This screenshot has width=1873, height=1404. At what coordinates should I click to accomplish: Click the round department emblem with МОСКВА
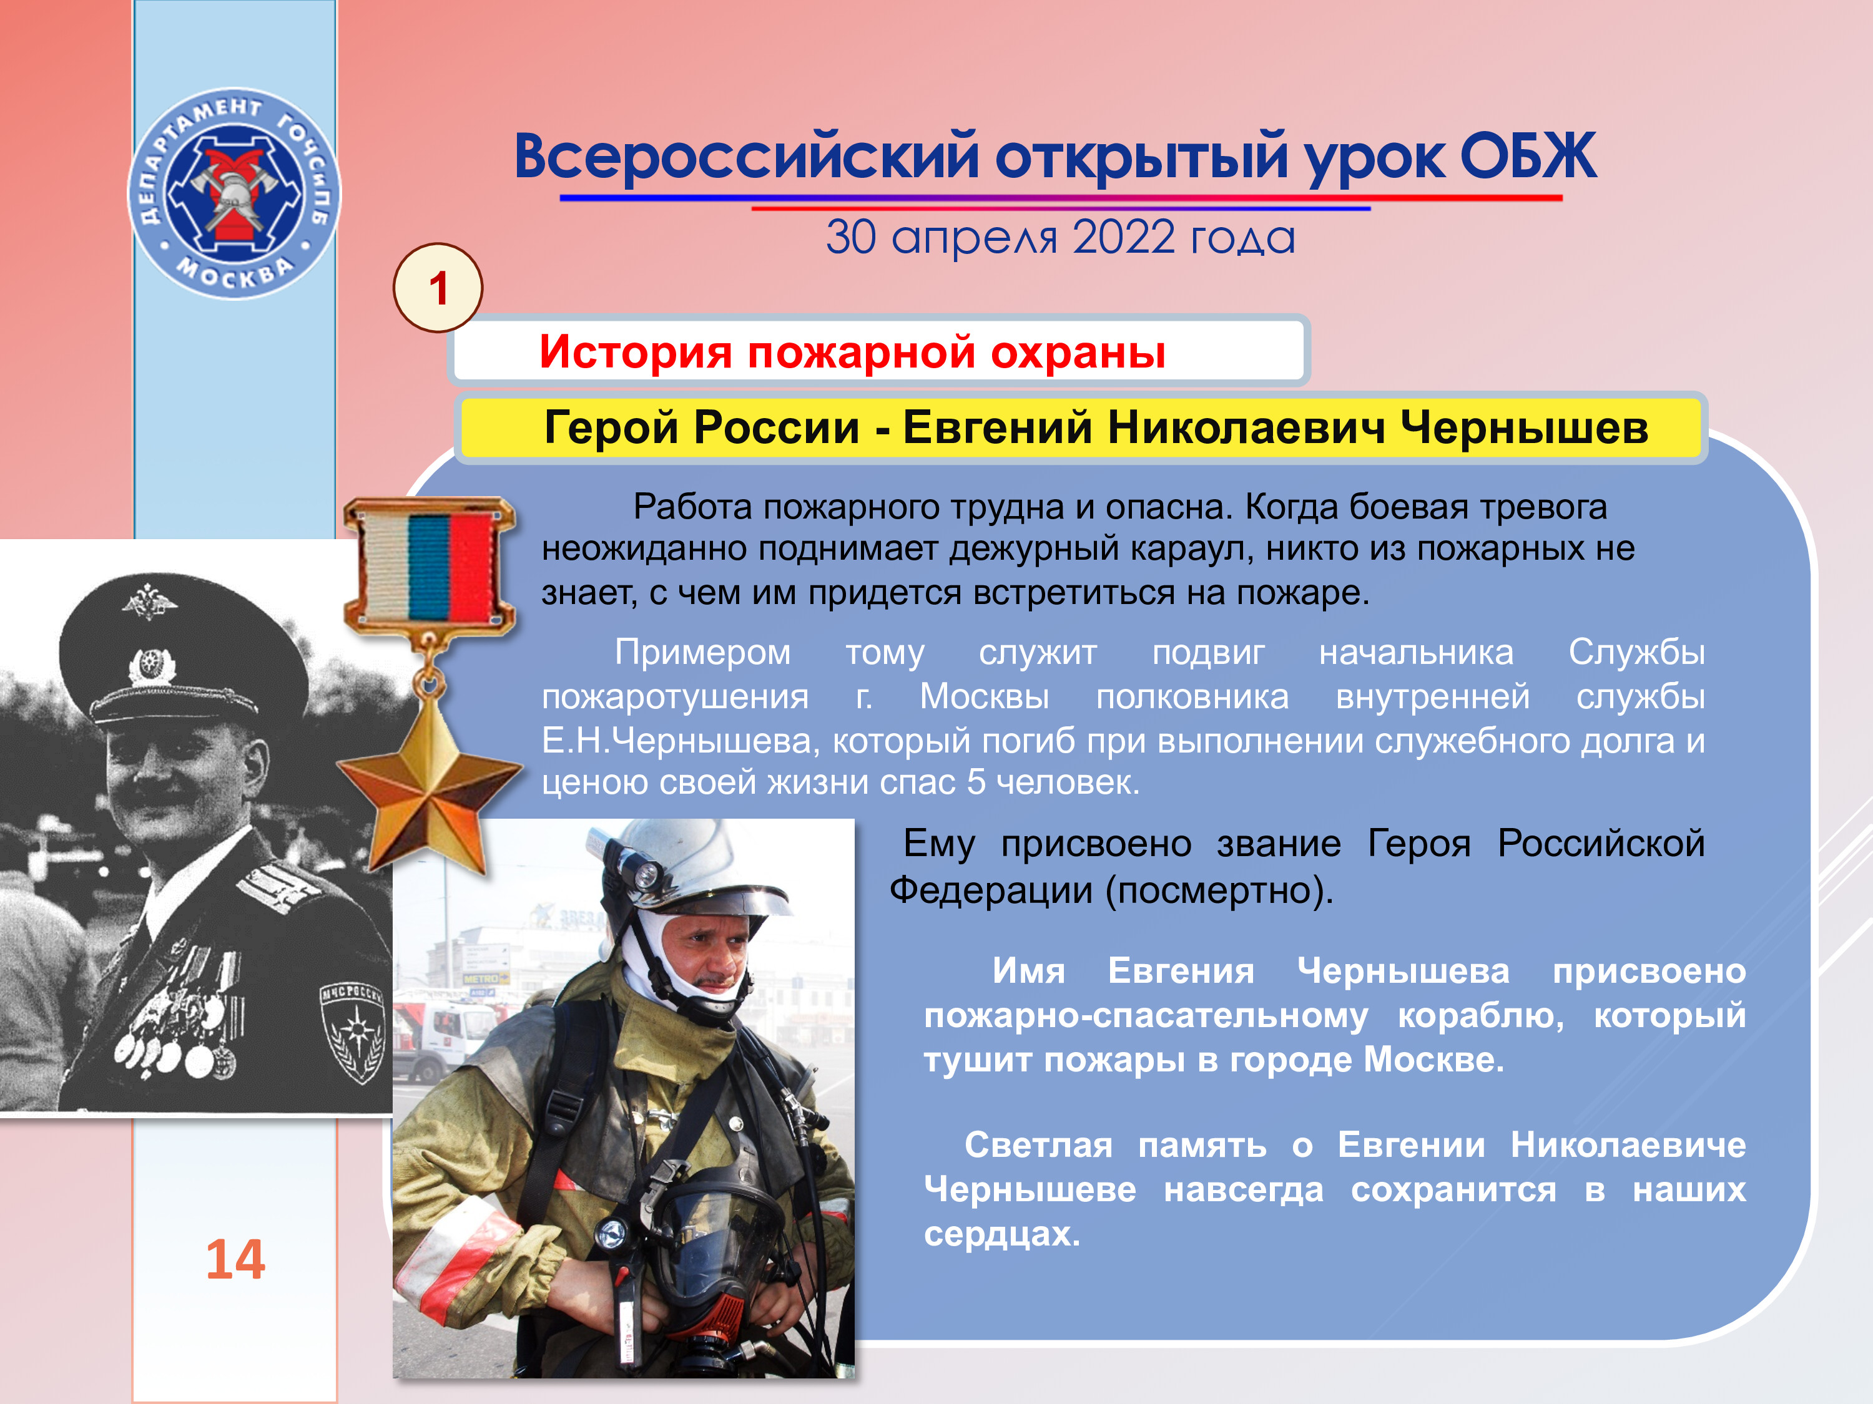(234, 194)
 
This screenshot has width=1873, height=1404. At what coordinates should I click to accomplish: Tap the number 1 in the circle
(438, 288)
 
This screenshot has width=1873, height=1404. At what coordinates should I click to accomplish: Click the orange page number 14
(235, 1259)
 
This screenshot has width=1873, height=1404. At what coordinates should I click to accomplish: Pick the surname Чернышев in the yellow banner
(1523, 427)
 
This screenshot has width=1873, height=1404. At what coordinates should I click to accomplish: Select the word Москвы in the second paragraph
(985, 696)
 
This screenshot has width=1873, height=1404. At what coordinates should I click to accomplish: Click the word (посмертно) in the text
(1220, 890)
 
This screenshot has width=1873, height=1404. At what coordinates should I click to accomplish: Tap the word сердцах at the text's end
(1003, 1234)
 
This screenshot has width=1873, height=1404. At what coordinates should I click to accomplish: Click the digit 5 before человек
(976, 782)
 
